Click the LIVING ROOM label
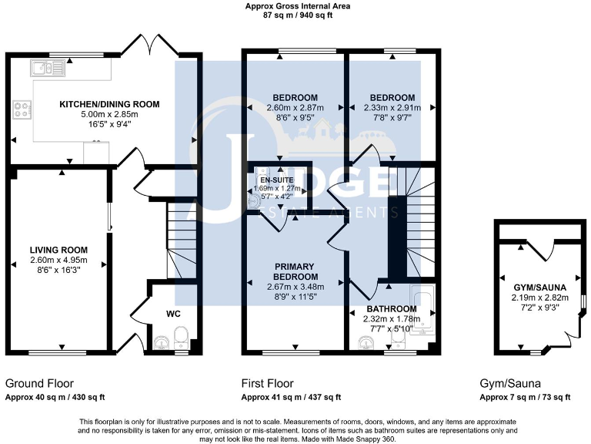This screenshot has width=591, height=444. [x=58, y=250]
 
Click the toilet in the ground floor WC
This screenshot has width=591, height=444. [x=180, y=337]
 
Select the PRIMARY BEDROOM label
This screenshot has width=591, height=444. [x=295, y=271]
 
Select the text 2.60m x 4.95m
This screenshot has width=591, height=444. [x=58, y=261]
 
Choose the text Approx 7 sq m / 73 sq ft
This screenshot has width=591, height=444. [x=526, y=397]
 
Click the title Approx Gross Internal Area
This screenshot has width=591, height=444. [x=297, y=5]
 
